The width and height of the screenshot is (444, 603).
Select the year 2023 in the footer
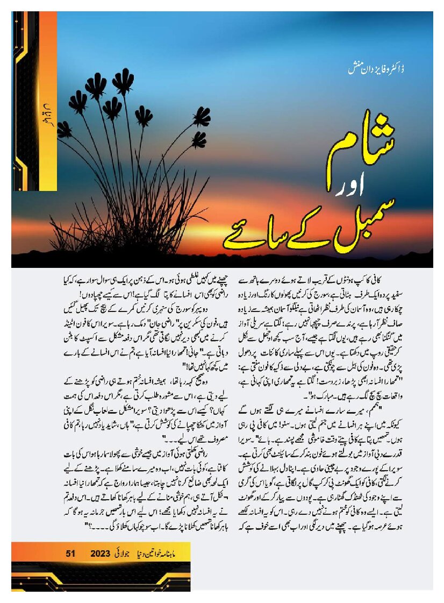101,553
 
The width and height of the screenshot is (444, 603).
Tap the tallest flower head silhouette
125,82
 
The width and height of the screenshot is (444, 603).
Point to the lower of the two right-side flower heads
199,140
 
